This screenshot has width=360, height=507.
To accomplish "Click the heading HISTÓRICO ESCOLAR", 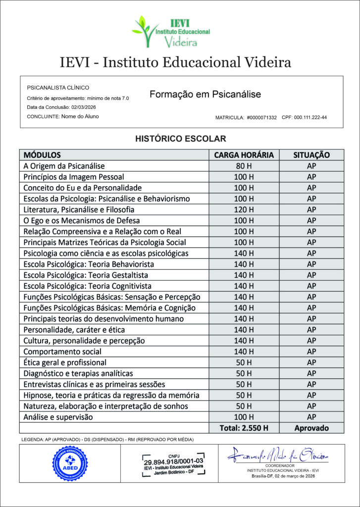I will click(x=180, y=139).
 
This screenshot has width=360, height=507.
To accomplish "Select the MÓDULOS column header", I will click(x=42, y=155).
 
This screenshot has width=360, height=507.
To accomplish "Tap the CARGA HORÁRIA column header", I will click(x=244, y=155).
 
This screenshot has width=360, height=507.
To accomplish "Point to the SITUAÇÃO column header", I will click(x=311, y=155).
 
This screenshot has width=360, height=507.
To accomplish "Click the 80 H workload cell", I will click(x=244, y=166).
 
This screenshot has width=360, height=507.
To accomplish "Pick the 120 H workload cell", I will click(x=244, y=209).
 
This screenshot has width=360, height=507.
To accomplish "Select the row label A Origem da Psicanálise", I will click(x=64, y=166).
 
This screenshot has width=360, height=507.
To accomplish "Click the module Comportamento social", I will click(x=62, y=352).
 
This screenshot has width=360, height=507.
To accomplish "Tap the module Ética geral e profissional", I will click(x=65, y=362).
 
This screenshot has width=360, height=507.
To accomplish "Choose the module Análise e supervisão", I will click(x=58, y=417).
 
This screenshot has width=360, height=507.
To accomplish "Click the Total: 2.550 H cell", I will click(x=244, y=428).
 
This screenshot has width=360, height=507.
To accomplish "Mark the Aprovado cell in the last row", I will click(x=311, y=428).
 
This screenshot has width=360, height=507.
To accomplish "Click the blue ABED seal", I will click(x=70, y=463).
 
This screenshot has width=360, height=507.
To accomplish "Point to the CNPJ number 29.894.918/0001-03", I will click(x=173, y=460).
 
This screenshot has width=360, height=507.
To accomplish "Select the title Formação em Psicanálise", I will click(x=205, y=94).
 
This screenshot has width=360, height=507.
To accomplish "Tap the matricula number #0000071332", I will click(x=262, y=118).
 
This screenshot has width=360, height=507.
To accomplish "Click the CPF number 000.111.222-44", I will click(x=311, y=118).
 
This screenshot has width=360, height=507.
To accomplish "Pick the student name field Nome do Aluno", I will click(x=80, y=116).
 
